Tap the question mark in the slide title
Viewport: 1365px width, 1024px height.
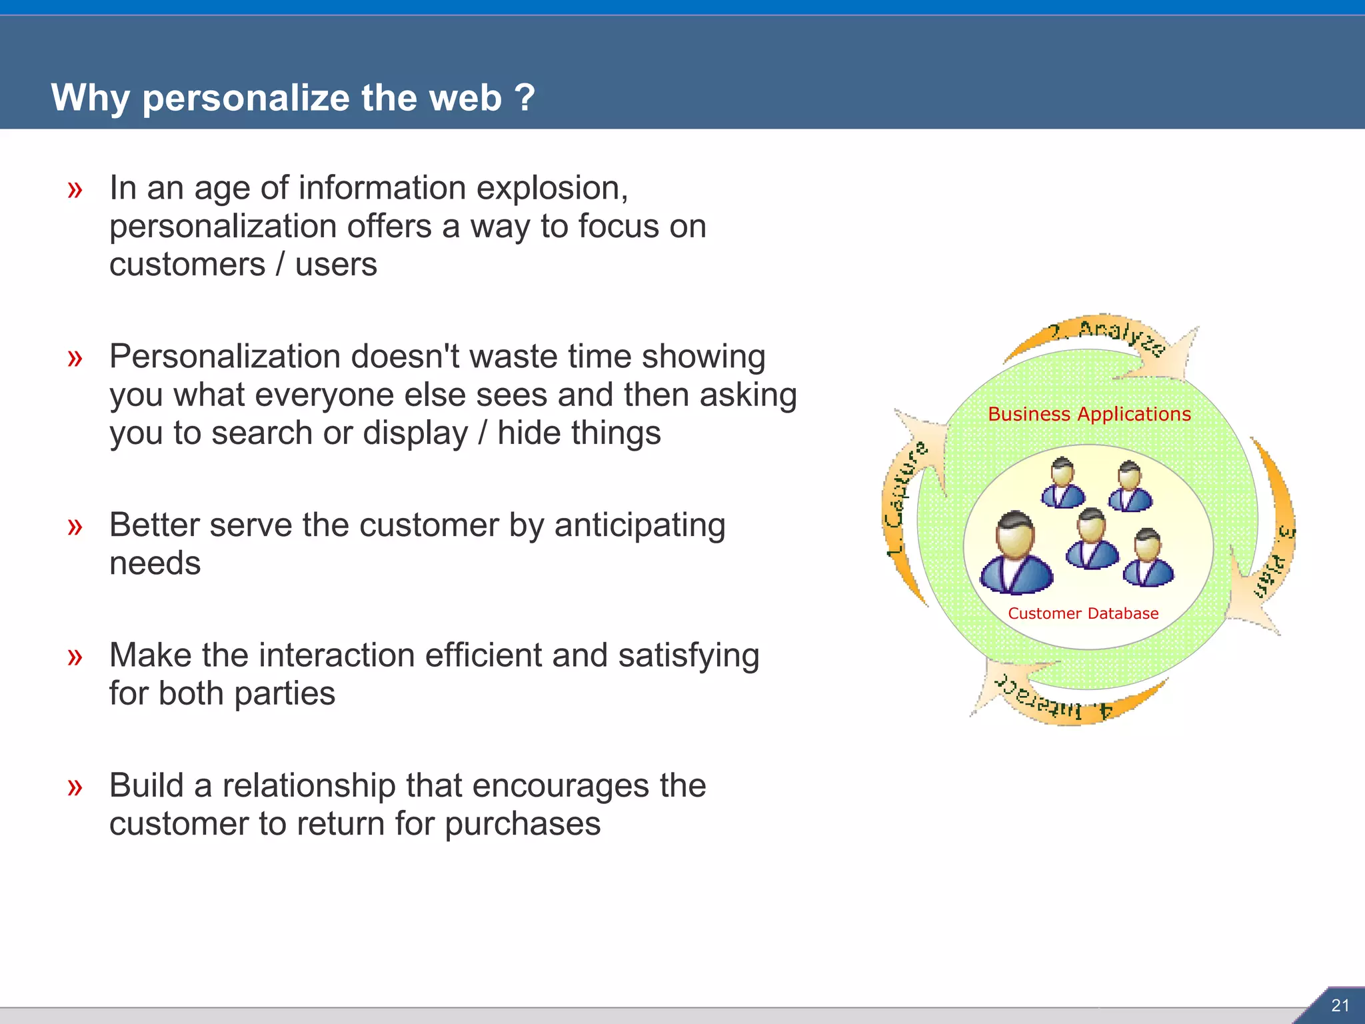pos(525,97)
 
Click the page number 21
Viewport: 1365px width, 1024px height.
pos(1340,1005)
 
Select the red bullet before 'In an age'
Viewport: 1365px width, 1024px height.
pos(75,190)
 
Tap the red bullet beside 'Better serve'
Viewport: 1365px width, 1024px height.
pos(75,527)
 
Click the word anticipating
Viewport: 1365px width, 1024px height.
pos(639,526)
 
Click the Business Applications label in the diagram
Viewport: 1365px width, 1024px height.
pos(1089,414)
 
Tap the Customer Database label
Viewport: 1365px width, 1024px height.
pos(1083,613)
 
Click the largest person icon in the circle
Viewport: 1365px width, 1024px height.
pos(1016,553)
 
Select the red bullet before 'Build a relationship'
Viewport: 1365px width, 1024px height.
pos(75,787)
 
